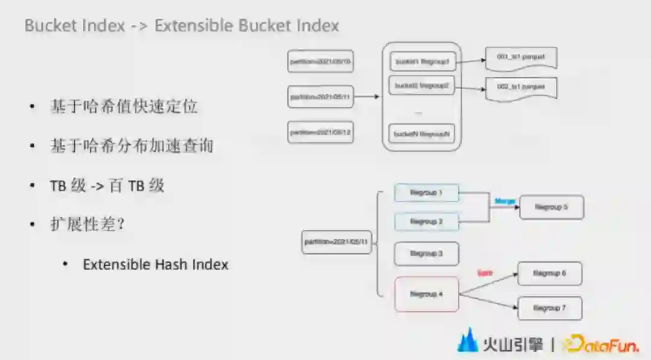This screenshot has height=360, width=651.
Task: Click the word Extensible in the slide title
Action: click(193, 26)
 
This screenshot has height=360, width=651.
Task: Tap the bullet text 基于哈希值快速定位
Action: click(124, 107)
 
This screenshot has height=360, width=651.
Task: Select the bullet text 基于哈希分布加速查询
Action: click(131, 146)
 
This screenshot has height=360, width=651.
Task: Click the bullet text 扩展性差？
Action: click(87, 224)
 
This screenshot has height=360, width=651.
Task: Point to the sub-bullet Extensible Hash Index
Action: click(156, 264)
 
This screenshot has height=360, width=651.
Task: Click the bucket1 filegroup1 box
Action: click(422, 62)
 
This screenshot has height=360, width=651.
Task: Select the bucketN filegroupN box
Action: click(422, 133)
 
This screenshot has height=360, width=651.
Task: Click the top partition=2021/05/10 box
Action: click(320, 62)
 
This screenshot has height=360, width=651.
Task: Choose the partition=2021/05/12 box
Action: click(320, 132)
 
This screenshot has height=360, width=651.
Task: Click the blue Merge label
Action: click(504, 200)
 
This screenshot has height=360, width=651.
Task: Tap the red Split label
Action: click(485, 273)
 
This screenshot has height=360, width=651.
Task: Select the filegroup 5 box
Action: click(552, 207)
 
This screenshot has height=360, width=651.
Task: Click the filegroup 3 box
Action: click(426, 254)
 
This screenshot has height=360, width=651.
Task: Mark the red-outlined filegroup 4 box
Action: click(426, 294)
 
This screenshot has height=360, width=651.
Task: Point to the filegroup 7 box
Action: click(549, 308)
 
